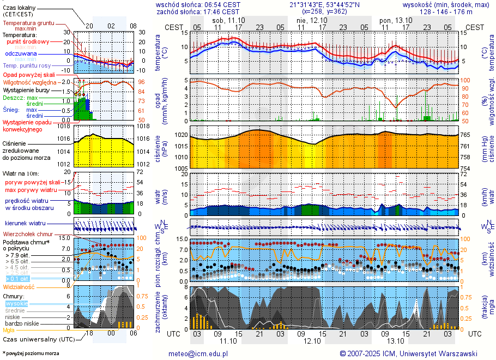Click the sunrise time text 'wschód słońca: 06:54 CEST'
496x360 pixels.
tap(198, 4)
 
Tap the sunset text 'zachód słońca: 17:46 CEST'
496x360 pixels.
tap(198, 11)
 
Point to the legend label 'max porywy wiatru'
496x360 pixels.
tap(31, 190)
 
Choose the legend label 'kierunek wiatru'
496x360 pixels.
tap(25, 224)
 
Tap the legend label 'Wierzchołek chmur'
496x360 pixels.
tap(27, 233)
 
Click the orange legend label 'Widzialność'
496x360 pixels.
tap(19, 286)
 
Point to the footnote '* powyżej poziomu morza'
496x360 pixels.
tap(31, 353)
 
